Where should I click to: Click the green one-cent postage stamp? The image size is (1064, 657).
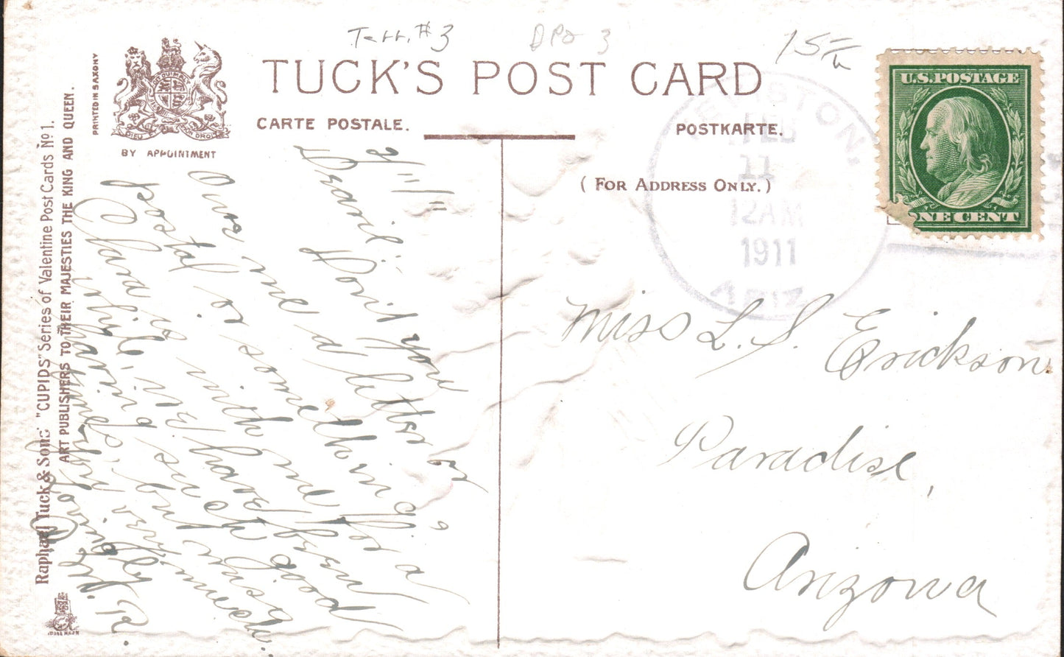coord(959,144)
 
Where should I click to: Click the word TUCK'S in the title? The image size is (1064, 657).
coord(353,78)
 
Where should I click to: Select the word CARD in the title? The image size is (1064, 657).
coord(696,79)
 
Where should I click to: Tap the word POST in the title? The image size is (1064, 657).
coord(538,79)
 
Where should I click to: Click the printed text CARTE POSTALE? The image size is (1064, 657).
coord(331,124)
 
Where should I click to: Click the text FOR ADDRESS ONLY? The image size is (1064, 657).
coord(676,184)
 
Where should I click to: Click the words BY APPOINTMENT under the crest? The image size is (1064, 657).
coord(169,154)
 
